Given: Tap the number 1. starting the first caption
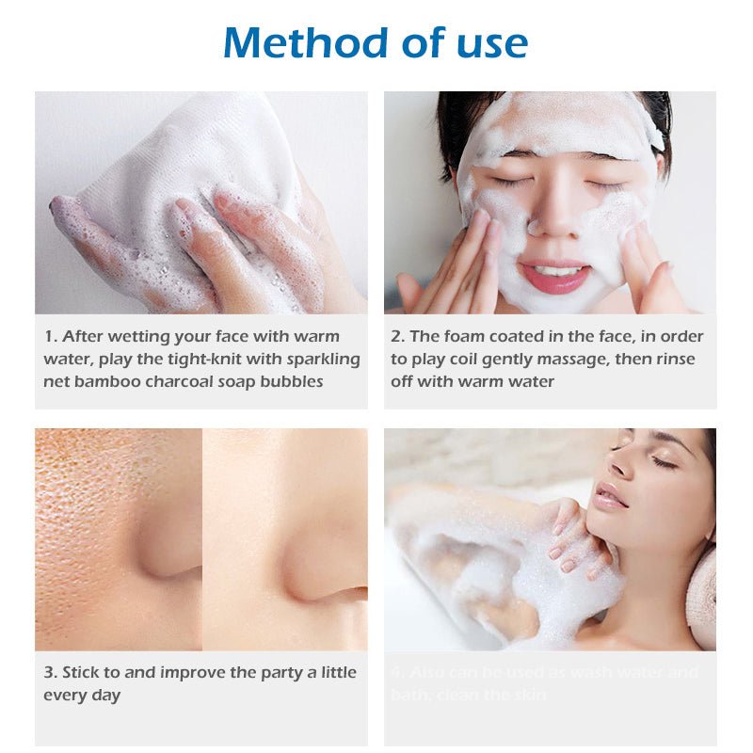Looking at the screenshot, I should (x=50, y=336).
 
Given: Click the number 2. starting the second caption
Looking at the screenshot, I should (x=397, y=336).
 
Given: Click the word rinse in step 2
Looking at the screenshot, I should (x=681, y=359).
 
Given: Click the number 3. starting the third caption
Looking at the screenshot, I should (x=50, y=672).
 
